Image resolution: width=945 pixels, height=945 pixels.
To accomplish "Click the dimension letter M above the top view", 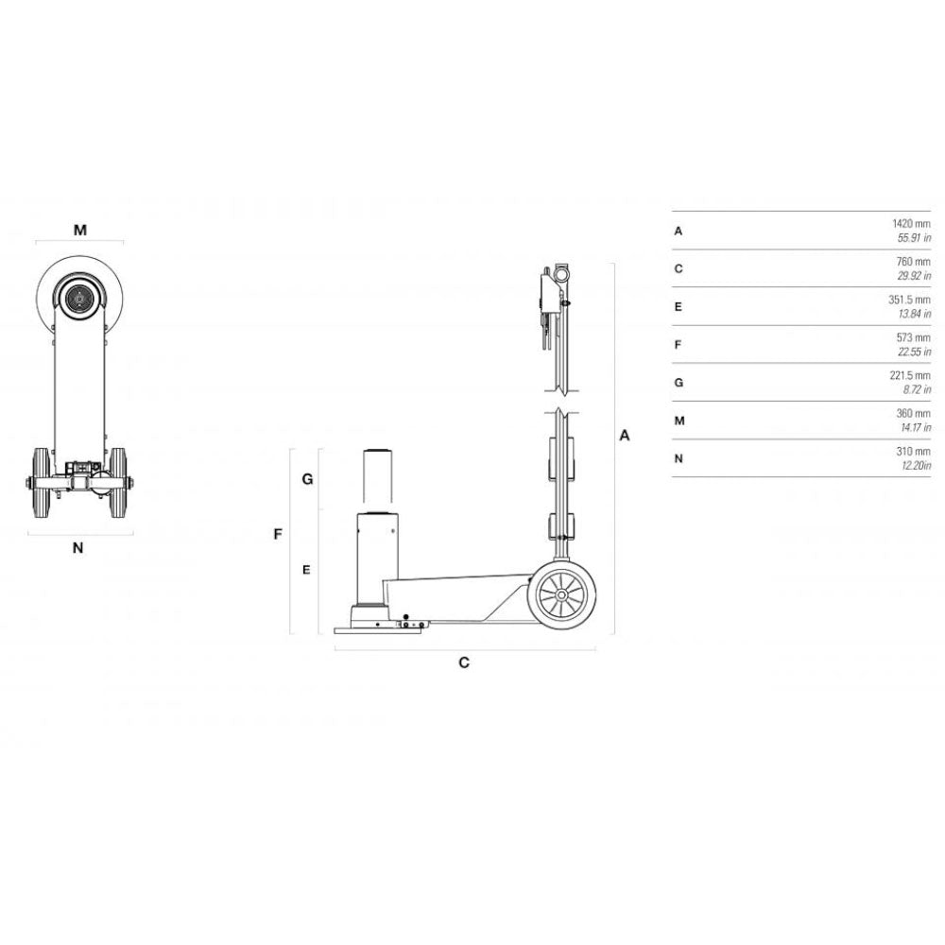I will (x=80, y=230).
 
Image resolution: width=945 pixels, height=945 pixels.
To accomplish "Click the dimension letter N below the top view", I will (x=78, y=547).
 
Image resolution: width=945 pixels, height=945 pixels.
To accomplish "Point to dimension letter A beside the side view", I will (x=624, y=436).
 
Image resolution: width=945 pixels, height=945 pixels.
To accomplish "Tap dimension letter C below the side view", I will (x=464, y=662).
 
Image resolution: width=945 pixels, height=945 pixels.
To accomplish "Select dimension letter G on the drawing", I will (x=307, y=479).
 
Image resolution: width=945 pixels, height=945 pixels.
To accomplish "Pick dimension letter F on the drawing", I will (x=278, y=534).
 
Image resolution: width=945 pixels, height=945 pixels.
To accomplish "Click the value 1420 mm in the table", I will (x=911, y=224).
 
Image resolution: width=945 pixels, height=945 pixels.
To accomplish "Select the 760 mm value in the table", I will (x=915, y=262).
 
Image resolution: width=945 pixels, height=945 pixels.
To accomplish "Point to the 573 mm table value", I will (x=915, y=338).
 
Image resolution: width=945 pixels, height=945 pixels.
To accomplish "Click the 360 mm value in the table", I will (x=915, y=414).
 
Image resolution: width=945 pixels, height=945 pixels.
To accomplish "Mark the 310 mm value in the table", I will (x=915, y=452).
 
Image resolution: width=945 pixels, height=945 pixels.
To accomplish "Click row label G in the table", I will (x=679, y=383).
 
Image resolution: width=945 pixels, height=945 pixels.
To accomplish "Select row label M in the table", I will (x=679, y=421).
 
